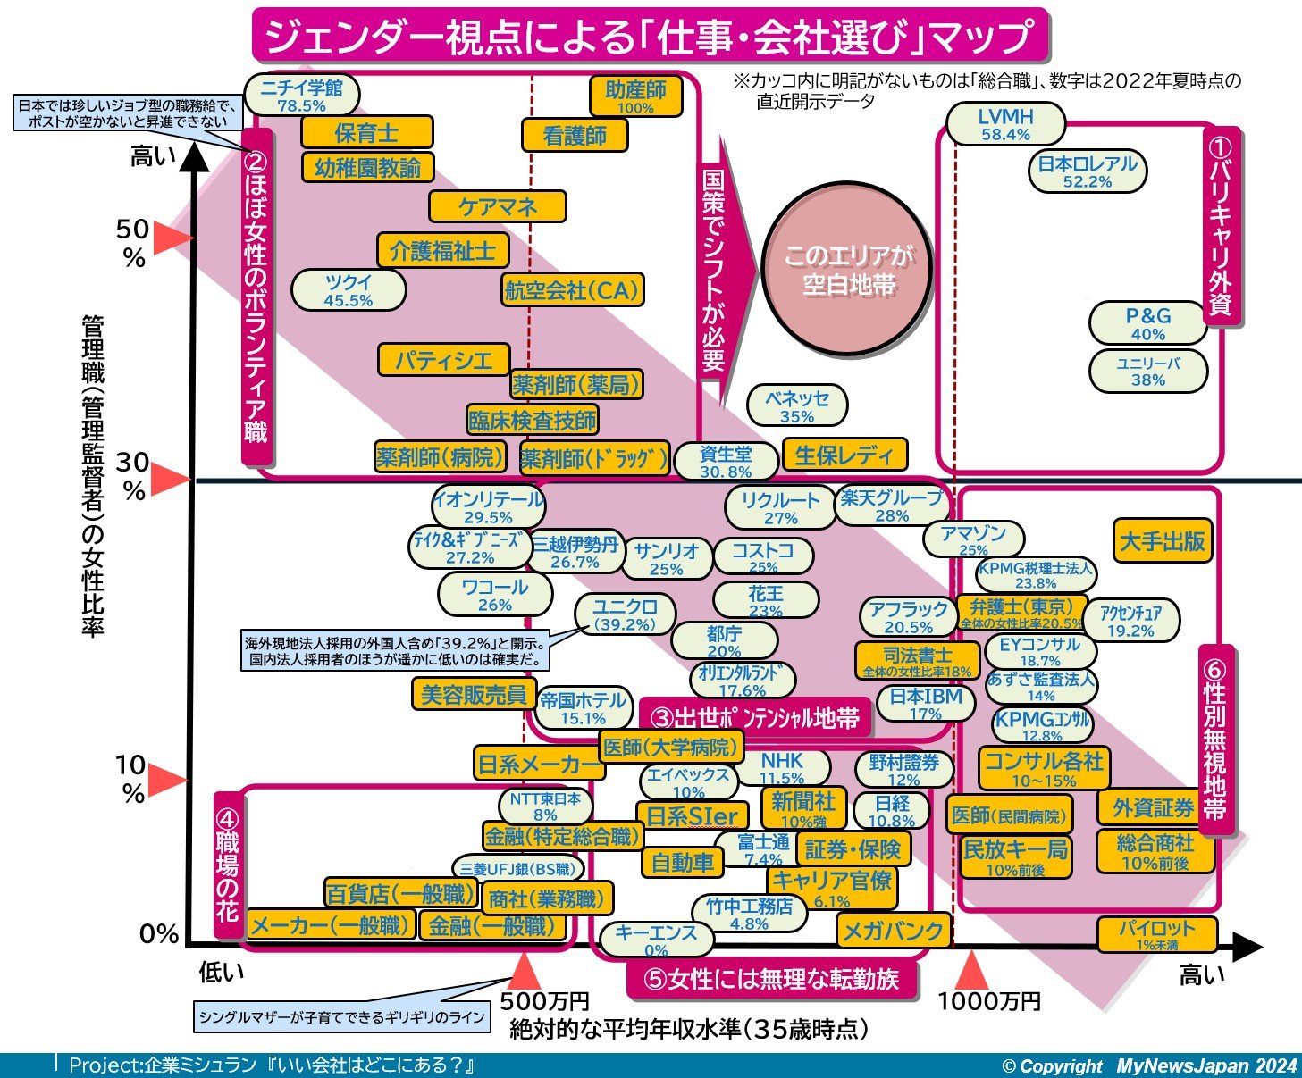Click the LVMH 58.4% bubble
(1005, 124)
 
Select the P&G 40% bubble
(1147, 323)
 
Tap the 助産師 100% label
(635, 96)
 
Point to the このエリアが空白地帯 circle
(848, 270)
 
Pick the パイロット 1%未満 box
(1157, 934)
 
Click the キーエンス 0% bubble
(656, 939)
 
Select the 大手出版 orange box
(1163, 540)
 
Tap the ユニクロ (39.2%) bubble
(625, 614)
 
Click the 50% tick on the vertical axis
(133, 242)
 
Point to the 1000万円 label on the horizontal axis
(988, 1001)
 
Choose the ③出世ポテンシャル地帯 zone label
(754, 717)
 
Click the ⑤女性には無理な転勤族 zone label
(772, 980)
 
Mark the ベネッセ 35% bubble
(797, 406)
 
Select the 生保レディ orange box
(844, 455)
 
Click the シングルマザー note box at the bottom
(342, 1016)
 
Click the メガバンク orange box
(893, 931)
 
